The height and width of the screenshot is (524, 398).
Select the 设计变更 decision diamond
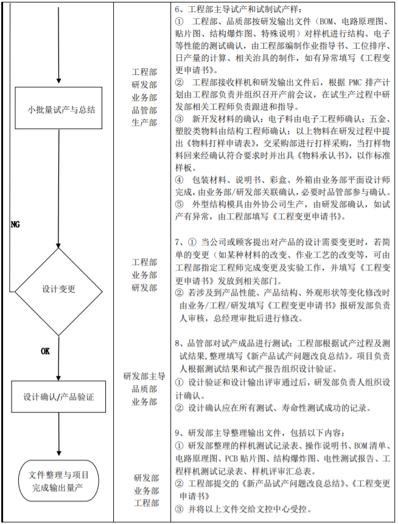coord(58,288)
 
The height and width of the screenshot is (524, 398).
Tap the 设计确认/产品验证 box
coord(58,397)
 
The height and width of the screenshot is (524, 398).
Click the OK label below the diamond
coord(46,352)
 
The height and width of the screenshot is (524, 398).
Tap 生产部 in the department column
coord(144,122)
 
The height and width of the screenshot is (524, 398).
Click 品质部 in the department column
coord(144,389)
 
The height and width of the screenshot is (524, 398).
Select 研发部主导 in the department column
coord(144,377)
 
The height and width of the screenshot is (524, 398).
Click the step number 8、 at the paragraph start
coord(179,342)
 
